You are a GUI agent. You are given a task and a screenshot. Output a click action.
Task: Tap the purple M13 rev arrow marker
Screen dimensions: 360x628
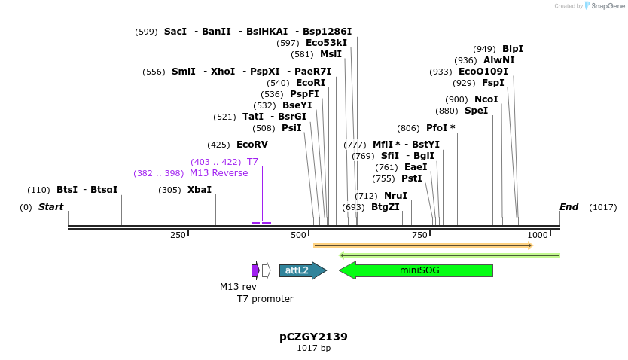point(255,270)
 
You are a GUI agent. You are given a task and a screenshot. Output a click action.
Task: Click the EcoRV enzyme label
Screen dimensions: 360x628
point(252,144)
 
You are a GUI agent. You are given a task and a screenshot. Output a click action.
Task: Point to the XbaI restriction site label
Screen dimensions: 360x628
point(199,190)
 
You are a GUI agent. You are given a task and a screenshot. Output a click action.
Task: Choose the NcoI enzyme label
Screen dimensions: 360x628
point(486,99)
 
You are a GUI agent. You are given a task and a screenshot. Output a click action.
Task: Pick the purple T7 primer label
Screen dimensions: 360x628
point(252,162)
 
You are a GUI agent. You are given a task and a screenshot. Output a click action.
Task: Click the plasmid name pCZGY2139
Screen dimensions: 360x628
point(313,337)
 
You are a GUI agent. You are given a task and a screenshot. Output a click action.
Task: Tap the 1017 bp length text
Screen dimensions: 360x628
point(313,349)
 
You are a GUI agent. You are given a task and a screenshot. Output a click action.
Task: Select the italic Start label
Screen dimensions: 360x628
point(50,206)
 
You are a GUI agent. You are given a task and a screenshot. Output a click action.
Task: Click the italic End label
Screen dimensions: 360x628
point(569,206)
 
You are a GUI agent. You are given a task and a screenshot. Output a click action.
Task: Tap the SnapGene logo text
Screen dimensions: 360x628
point(609,6)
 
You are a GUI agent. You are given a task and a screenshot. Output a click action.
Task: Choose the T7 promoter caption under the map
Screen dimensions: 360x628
point(265,299)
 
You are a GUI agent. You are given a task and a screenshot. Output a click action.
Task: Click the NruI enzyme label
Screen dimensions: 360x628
point(395,195)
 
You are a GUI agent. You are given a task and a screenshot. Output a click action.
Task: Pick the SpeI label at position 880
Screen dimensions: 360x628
point(476,111)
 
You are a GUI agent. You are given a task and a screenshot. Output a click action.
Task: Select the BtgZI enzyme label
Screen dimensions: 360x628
point(385,207)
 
